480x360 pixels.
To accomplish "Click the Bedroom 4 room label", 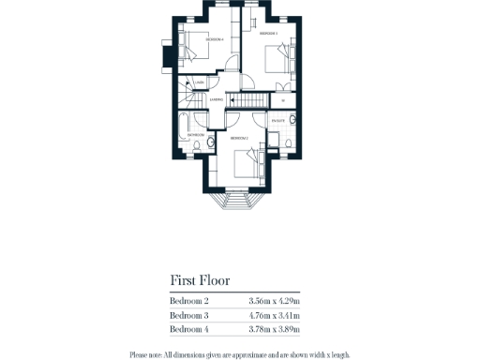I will coord(215,39).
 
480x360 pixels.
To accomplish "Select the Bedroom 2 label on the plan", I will coord(239,138).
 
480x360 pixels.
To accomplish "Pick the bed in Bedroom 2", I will coord(249,165).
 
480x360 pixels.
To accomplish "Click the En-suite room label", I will coord(277,121).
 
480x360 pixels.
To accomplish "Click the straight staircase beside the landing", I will coord(248,100).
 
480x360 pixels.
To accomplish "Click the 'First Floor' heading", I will coord(200,280).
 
